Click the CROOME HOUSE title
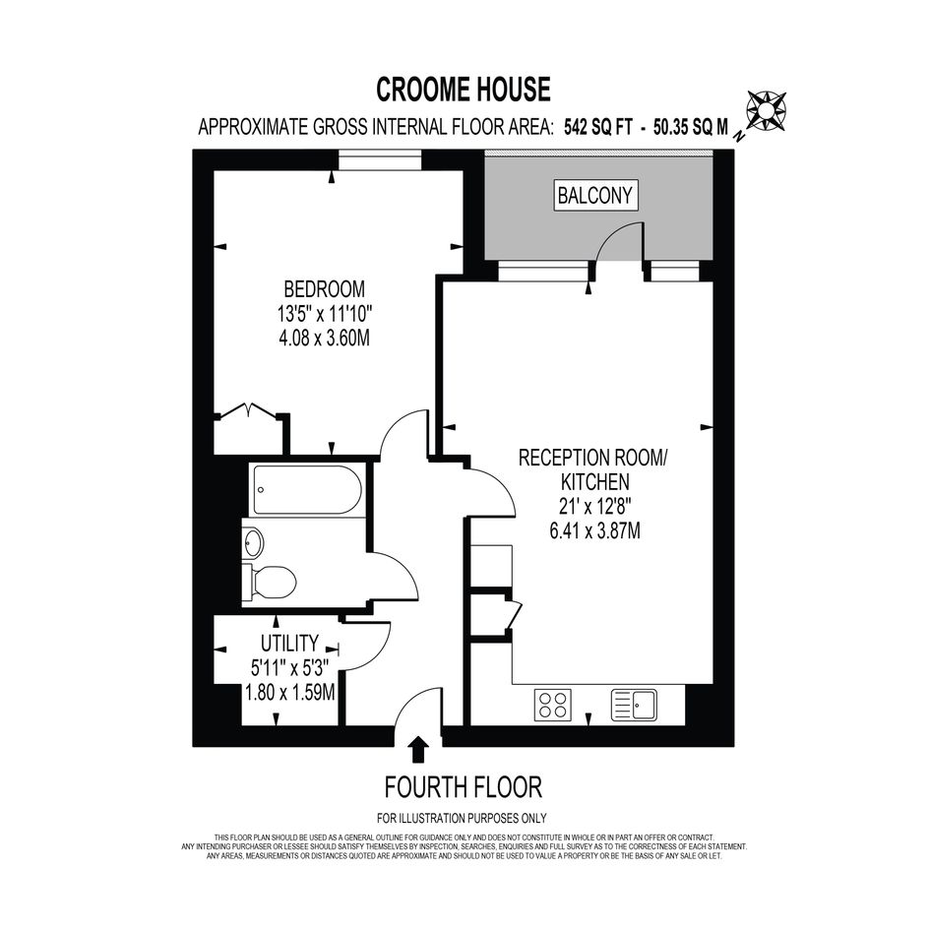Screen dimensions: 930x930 click(464, 90)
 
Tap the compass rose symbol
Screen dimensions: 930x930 click(766, 110)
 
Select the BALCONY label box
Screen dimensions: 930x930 click(594, 195)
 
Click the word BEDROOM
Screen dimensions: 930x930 click(325, 289)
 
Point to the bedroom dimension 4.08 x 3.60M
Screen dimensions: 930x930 click(325, 339)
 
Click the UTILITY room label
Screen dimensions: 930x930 click(289, 643)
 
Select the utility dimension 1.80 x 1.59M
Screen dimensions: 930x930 click(290, 692)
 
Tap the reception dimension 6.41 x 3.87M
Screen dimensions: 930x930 click(594, 530)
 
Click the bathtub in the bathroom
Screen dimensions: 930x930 click(307, 489)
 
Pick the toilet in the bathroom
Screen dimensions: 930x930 click(270, 582)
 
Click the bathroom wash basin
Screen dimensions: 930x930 click(253, 542)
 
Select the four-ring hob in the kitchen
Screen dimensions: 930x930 click(553, 705)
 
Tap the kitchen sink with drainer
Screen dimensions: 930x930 click(634, 705)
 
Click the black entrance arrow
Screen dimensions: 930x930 click(419, 749)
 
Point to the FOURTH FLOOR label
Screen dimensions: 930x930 click(464, 787)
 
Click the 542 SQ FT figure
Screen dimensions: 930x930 click(598, 127)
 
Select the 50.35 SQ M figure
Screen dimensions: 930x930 click(691, 127)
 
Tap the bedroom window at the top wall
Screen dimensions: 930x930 click(380, 160)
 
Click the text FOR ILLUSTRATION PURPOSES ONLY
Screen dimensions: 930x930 click(462, 819)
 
